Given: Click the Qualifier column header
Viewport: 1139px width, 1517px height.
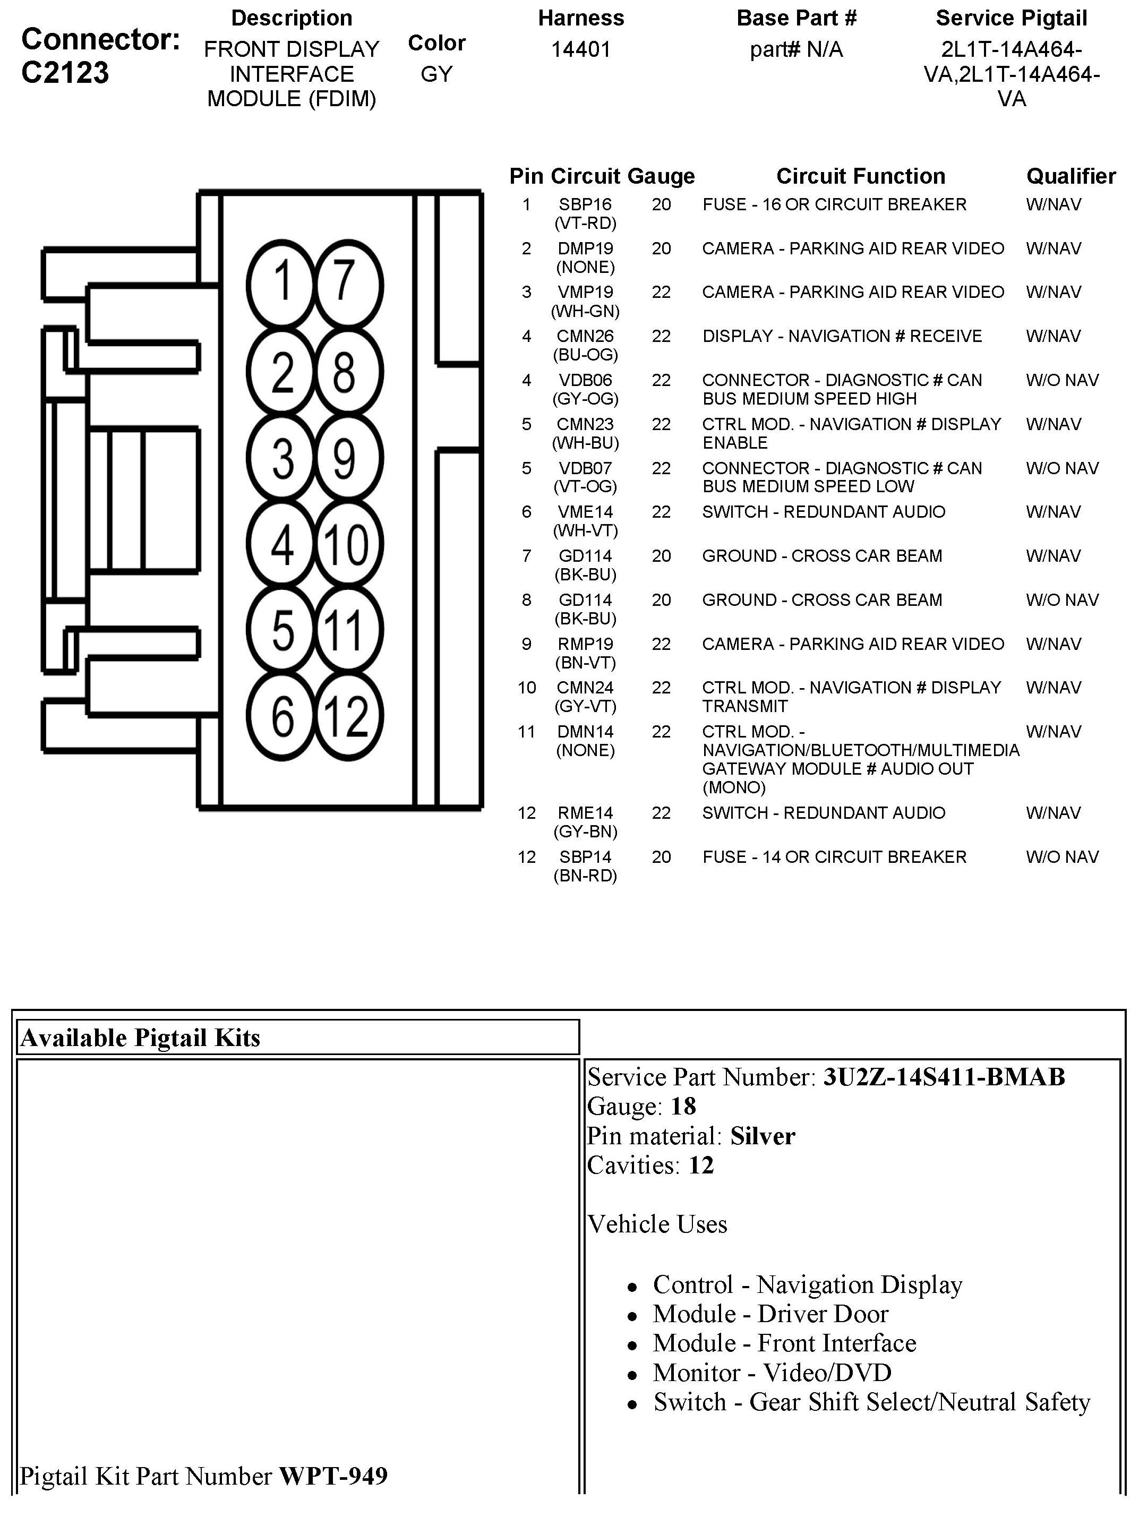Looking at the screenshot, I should [x=1071, y=176].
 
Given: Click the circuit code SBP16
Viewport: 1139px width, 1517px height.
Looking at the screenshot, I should [x=585, y=204].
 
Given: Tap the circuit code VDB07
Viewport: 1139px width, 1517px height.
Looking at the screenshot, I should [x=585, y=468].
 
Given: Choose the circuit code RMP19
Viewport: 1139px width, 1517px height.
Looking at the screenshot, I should [x=585, y=644].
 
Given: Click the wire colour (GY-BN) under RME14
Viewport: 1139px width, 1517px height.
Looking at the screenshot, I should [x=585, y=832].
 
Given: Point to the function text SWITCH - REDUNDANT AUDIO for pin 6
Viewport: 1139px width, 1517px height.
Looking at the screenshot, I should [x=823, y=512].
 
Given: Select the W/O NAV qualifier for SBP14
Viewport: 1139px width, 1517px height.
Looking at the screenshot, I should [x=1061, y=856].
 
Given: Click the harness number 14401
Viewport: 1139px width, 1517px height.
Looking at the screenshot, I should [x=581, y=49].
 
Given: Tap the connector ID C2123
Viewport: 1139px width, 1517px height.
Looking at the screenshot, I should [x=65, y=73].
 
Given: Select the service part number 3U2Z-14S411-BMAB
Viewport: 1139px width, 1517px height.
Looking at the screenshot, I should [x=944, y=1077].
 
